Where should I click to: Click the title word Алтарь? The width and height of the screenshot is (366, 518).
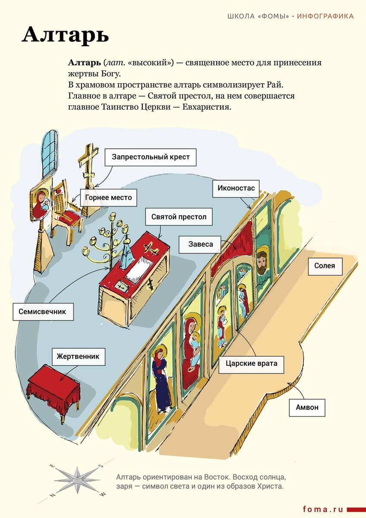[65, 35]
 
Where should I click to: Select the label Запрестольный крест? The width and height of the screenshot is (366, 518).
[150, 157]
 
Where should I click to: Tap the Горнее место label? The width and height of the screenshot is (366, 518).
[108, 198]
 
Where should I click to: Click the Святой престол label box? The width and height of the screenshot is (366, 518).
[179, 217]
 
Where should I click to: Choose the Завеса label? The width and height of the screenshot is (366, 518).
[200, 244]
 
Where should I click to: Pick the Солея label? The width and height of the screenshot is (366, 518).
[325, 266]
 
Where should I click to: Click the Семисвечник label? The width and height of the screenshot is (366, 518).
[42, 311]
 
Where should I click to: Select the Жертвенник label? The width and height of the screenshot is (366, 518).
[78, 357]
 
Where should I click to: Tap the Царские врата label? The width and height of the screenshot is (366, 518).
[251, 363]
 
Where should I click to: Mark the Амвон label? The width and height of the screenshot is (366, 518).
[307, 407]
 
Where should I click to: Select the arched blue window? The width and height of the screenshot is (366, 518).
[50, 153]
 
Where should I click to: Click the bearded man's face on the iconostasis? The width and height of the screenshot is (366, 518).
[262, 262]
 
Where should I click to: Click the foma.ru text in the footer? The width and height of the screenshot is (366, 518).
[323, 509]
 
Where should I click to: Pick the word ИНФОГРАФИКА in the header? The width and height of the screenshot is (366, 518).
[325, 16]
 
